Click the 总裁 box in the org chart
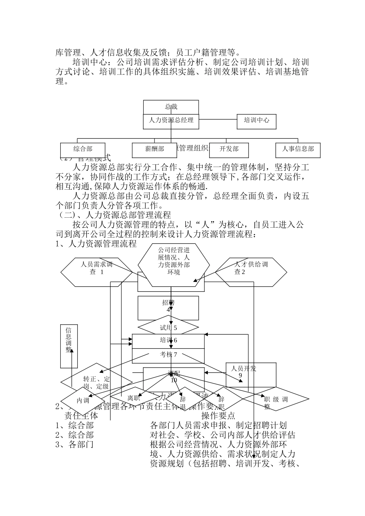[171, 107]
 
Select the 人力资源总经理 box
[171, 121]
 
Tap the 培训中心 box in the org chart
[256, 121]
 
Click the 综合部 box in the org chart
[83, 149]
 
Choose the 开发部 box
[229, 149]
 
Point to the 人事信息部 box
[298, 149]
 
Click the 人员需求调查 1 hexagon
[96, 272]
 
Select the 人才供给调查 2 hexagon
[251, 272]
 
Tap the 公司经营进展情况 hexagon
[174, 265]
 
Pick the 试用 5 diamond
[168, 328]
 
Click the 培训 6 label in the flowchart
[168, 341]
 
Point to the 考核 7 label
[168, 355]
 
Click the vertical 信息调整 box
[69, 346]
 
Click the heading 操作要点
[218, 416]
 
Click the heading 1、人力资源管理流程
[96, 244]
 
